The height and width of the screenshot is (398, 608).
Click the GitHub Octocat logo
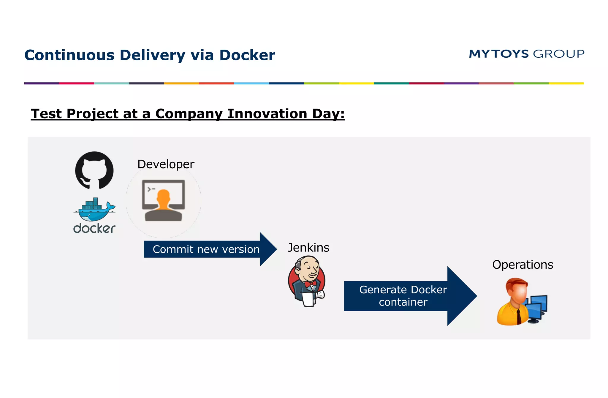94,170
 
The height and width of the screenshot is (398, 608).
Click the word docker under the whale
94,229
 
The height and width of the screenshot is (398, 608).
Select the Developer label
166,164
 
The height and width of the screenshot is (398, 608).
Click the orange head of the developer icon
163,197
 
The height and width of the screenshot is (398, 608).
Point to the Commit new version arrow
206,249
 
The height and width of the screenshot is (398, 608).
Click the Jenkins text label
308,248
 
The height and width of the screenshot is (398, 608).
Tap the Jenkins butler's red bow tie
311,284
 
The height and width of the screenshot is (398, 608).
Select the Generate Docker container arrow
403,296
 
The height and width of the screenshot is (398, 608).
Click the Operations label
522,265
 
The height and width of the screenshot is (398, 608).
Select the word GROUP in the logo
558,54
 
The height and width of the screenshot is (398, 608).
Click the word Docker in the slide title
247,55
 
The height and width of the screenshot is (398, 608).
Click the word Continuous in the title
69,55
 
